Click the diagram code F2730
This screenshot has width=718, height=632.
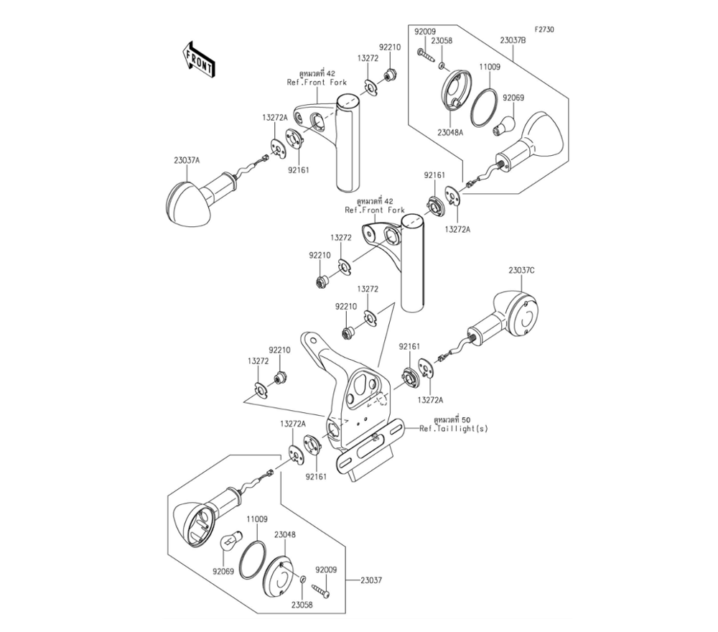(544, 30)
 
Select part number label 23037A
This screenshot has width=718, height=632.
(187, 161)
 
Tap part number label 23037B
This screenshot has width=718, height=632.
(513, 40)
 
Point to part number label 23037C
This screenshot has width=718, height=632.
(521, 271)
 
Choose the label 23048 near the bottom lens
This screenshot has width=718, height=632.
(285, 535)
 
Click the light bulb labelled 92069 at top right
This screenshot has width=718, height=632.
(505, 126)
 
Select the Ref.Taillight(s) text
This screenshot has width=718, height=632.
(457, 427)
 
